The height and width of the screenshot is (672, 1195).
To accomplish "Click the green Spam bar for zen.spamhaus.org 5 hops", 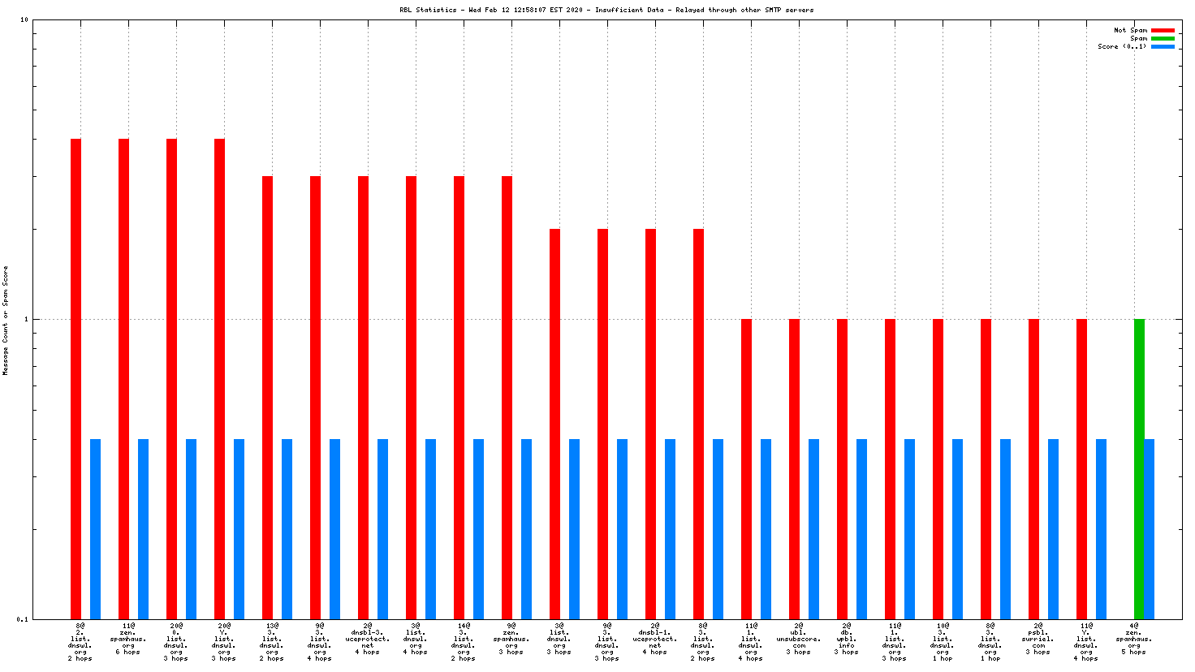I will pyautogui.click(x=1139, y=468).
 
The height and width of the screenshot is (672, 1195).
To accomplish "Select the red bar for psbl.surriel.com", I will pyautogui.click(x=1033, y=468).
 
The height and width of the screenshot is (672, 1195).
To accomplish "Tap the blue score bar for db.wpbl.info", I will pyautogui.click(x=861, y=528).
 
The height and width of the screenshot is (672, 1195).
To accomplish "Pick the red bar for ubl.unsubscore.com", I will pyautogui.click(x=794, y=468).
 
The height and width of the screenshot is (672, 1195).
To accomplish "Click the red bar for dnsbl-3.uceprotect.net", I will pyautogui.click(x=363, y=397).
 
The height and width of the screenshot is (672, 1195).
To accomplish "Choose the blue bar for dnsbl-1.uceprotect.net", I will pyautogui.click(x=670, y=528).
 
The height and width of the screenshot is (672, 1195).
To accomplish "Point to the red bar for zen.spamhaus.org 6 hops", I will pyautogui.click(x=123, y=378).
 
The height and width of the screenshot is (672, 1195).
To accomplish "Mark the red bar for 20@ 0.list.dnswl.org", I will pyautogui.click(x=171, y=378).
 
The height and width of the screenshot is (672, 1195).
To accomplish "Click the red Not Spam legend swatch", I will pyautogui.click(x=1163, y=30).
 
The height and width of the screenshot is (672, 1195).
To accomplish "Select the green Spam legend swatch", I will pyautogui.click(x=1163, y=38).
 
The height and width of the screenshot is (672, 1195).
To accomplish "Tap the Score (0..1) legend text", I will pyautogui.click(x=1122, y=46).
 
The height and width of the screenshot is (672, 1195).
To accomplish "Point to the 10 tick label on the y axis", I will pyautogui.click(x=24, y=20).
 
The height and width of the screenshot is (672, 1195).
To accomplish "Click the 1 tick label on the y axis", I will pyautogui.click(x=25, y=319).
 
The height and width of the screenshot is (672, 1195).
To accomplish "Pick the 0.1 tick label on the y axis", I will pyautogui.click(x=23, y=619).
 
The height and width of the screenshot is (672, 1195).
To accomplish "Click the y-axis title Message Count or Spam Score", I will pyautogui.click(x=6, y=320).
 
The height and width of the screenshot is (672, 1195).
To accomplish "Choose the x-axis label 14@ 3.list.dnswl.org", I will pyautogui.click(x=464, y=642).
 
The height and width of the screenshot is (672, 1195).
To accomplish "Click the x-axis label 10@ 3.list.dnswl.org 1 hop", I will pyautogui.click(x=943, y=642).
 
